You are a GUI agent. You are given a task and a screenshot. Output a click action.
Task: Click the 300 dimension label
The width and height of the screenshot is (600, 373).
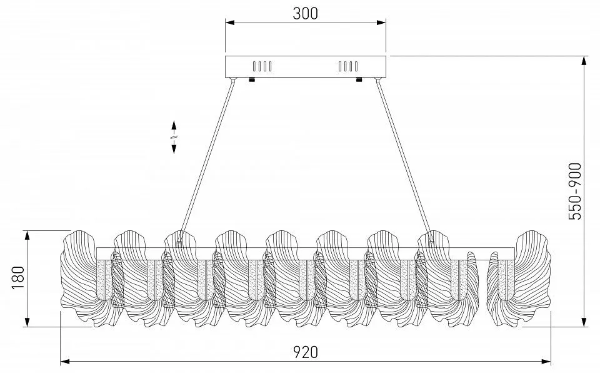tap(306, 13)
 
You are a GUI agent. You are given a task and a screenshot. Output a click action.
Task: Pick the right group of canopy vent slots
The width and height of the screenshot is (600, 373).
tap(348, 66)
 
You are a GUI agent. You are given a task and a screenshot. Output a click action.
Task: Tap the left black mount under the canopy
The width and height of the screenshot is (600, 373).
tap(251, 79)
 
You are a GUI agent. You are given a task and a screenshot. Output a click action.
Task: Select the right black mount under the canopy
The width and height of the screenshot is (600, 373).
tap(359, 79)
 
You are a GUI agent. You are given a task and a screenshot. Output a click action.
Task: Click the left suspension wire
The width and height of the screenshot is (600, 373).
tap(206, 160)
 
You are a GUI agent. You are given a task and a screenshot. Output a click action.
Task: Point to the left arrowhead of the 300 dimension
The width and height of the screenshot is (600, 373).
tap(229, 23)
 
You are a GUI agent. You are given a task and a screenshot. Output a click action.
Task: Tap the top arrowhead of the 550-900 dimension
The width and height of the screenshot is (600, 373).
tap(584, 61)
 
